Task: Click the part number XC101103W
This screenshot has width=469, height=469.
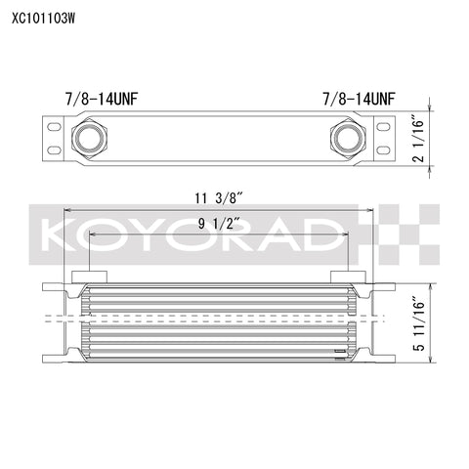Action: [x=44, y=19]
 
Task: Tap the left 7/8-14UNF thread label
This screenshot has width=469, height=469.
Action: [x=102, y=99]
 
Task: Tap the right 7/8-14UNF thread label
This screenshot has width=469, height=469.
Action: [x=359, y=99]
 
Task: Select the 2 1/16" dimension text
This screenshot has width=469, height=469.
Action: [x=418, y=139]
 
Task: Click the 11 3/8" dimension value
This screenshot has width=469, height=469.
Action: [x=219, y=198]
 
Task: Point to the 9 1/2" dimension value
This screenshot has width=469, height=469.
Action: [x=219, y=224]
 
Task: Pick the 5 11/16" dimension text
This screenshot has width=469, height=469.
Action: [x=419, y=323]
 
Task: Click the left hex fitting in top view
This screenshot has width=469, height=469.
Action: [x=89, y=139]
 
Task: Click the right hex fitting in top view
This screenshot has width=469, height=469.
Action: [x=348, y=139]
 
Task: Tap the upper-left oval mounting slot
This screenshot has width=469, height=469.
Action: [x=54, y=127]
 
